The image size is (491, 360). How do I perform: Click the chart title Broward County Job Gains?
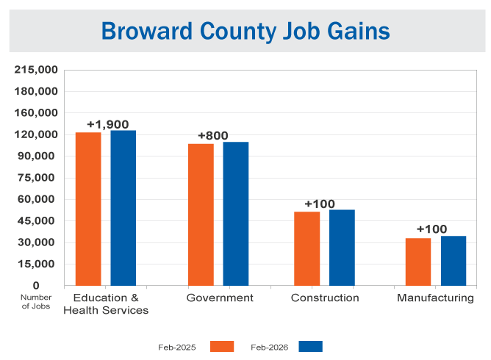click(246, 31)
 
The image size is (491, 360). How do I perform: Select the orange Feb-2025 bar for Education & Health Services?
click(88, 209)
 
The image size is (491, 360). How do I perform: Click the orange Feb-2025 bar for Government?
click(201, 215)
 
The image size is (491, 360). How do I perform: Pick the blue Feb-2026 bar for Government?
click(236, 214)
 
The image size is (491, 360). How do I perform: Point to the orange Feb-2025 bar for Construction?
click(307, 248)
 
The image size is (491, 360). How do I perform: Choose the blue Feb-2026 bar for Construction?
click(342, 248)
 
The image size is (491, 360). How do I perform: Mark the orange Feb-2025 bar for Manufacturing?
click(418, 262)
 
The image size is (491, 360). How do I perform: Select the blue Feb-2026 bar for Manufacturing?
click(454, 261)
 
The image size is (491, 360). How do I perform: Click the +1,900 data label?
click(107, 124)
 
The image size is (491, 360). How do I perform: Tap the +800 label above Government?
click(213, 136)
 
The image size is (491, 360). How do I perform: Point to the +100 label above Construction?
click(320, 204)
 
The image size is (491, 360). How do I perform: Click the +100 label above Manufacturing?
click(431, 229)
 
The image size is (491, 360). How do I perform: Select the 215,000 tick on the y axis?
click(36, 70)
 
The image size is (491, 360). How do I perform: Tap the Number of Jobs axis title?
click(35, 302)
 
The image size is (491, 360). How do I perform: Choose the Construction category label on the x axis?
click(325, 298)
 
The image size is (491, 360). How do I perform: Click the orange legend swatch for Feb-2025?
click(222, 346)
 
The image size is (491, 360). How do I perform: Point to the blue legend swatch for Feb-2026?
click(311, 346)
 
